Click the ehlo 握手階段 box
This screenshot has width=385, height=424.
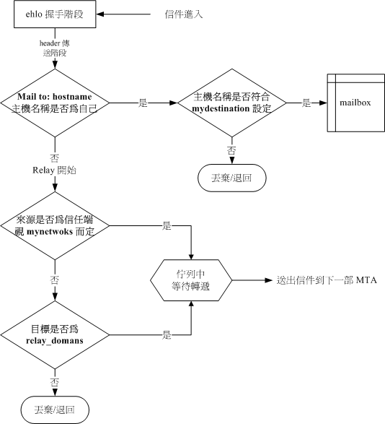point(54,14)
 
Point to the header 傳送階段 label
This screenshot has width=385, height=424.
point(54,47)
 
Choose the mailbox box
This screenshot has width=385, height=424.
point(354,103)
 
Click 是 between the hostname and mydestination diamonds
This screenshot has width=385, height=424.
point(143,103)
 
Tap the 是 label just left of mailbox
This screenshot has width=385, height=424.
point(306,103)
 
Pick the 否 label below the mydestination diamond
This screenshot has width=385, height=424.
point(231,150)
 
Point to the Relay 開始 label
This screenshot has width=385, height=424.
point(54,170)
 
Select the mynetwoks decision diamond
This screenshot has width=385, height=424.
point(54,228)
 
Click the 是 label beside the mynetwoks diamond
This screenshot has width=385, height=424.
point(167,226)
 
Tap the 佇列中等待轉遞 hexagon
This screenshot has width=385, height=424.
point(191,280)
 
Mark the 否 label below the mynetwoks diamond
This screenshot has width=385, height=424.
point(54,278)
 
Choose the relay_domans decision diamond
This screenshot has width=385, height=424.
point(54,334)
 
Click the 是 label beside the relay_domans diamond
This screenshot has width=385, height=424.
point(167,335)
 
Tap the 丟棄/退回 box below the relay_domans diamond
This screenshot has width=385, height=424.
point(54,410)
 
